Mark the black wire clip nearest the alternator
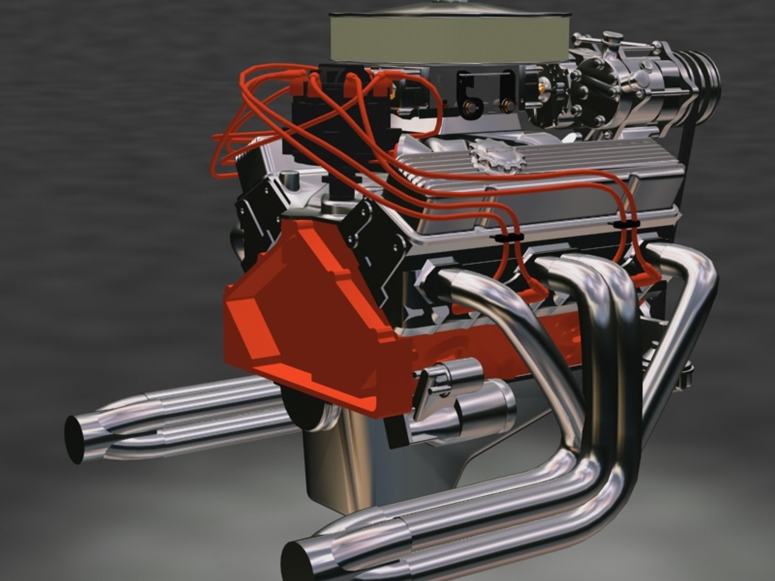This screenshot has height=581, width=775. point(626,223)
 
